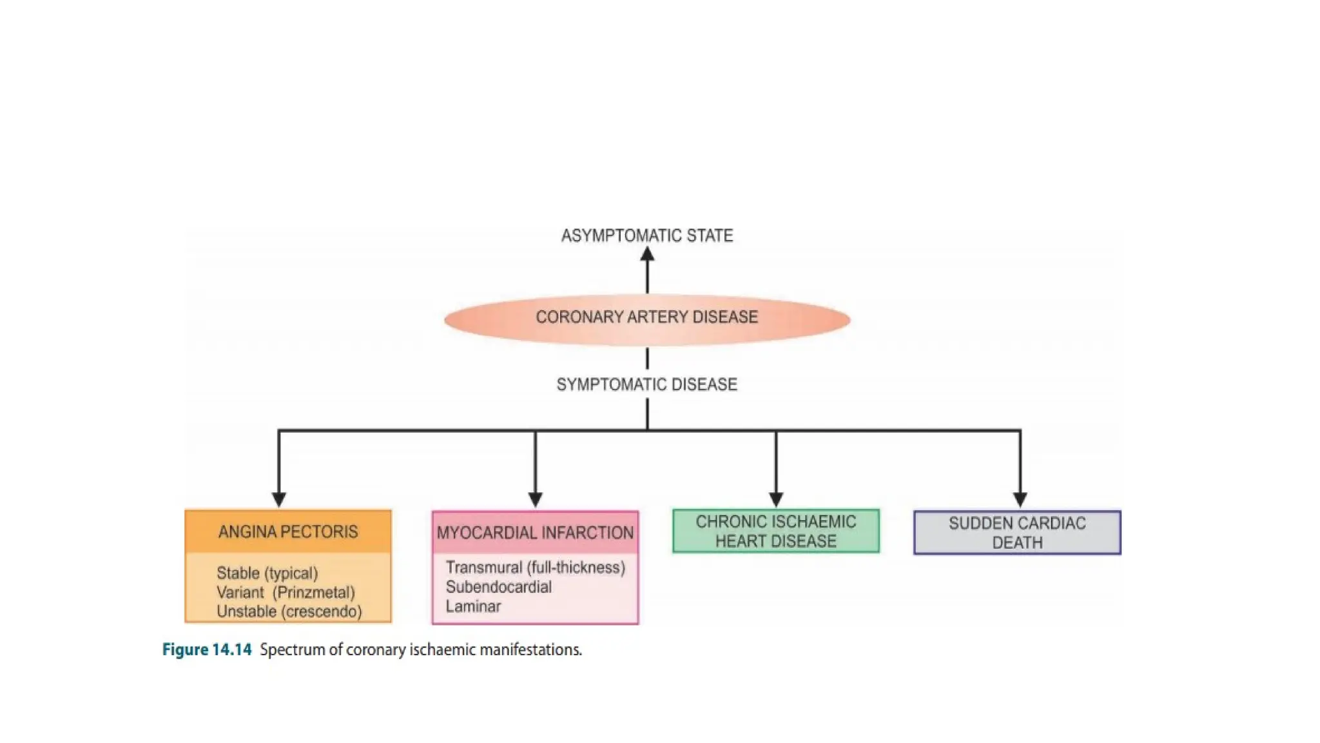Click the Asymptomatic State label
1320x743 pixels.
click(646, 236)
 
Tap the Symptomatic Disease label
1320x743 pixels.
click(646, 385)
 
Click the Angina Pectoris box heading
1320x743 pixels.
click(287, 532)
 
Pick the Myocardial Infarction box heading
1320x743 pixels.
click(535, 533)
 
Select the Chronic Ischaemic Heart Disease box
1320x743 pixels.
click(775, 531)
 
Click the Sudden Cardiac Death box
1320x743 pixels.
click(1017, 533)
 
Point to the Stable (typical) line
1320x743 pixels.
click(267, 573)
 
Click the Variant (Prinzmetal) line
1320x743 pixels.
click(286, 593)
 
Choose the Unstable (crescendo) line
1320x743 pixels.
click(289, 611)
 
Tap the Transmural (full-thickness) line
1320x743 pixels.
click(535, 568)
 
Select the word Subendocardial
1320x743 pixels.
click(498, 587)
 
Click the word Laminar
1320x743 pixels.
click(473, 606)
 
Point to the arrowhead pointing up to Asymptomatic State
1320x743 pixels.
click(647, 255)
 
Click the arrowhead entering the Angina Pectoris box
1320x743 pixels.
click(278, 500)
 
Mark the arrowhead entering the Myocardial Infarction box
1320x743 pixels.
click(535, 500)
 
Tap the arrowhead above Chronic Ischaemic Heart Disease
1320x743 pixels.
click(776, 500)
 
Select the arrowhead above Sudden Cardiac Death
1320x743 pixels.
click(1020, 500)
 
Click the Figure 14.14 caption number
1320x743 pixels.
click(207, 649)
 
